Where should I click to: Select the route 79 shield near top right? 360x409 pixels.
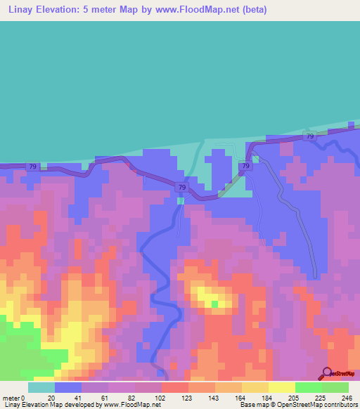pos(309,136)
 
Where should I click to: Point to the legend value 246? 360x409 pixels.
pos(345,397)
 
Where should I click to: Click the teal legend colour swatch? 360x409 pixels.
pos(41,387)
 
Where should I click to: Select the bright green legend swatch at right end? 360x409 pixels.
pos(335,387)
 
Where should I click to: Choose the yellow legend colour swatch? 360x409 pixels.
pos(281,387)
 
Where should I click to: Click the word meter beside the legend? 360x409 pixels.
pos(11,397)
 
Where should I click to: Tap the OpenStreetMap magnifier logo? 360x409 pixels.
pos(326,374)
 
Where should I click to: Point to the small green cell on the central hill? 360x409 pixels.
pos(215,304)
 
